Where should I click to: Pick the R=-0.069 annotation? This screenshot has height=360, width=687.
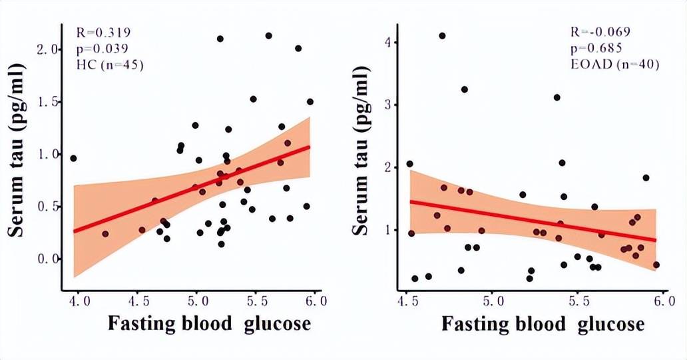(600, 32)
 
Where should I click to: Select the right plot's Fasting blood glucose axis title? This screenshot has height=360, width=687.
(543, 325)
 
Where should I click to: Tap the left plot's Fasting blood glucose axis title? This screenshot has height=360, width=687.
(209, 325)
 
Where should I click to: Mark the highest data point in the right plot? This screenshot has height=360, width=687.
(442, 36)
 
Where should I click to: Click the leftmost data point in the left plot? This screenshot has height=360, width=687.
(73, 158)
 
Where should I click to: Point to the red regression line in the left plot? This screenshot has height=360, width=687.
(193, 189)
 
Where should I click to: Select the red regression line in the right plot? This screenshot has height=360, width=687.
(533, 221)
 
